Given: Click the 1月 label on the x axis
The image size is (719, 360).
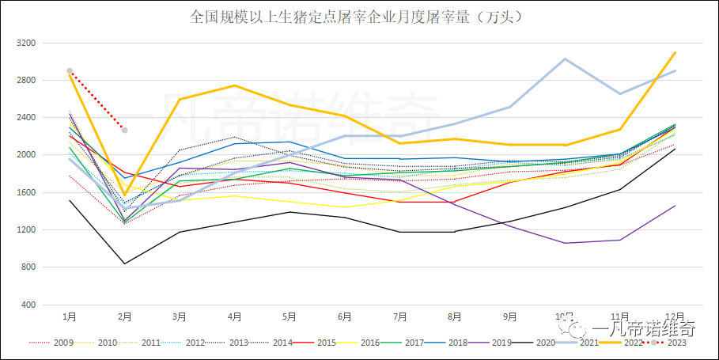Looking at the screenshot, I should point(70,316).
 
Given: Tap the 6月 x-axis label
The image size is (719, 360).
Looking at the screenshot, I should point(344,316).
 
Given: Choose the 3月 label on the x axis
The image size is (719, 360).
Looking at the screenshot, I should point(180,316).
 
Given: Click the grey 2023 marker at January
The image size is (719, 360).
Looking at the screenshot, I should point(70,71).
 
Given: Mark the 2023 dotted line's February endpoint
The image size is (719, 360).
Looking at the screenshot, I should point(124,130).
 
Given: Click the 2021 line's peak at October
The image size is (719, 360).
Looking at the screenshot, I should point(564,59).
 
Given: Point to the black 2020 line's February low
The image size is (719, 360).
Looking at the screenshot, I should point(124,263).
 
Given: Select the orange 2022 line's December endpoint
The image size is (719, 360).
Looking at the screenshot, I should point(674,52).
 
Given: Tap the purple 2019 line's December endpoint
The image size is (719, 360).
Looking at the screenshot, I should point(674,206).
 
